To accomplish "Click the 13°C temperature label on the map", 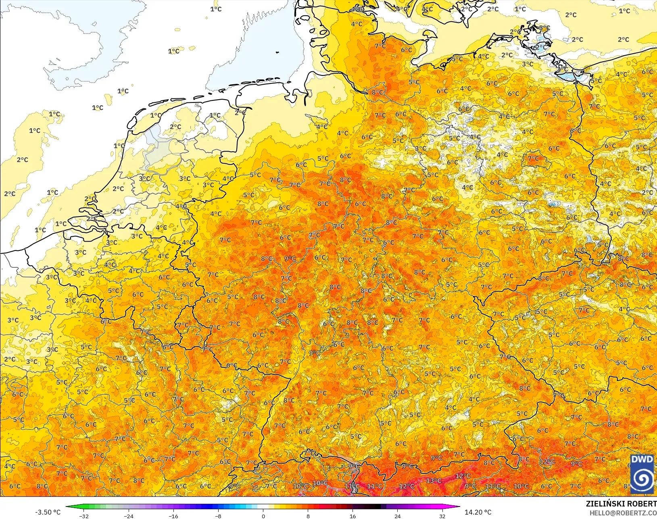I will [434, 481].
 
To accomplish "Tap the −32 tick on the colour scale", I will [84, 516].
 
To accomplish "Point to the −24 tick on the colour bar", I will [129, 516].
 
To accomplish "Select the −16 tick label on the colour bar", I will [173, 516].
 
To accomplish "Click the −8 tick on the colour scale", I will [218, 516].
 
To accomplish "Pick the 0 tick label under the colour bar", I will [263, 516].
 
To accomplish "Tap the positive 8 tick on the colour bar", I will [308, 516].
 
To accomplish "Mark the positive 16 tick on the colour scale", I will [353, 516].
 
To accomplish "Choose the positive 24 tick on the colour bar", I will [398, 516].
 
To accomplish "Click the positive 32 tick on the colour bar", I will [442, 516].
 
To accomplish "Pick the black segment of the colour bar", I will [375, 506].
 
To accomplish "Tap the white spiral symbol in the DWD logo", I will [642, 479].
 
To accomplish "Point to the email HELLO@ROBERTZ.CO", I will [623, 513].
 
